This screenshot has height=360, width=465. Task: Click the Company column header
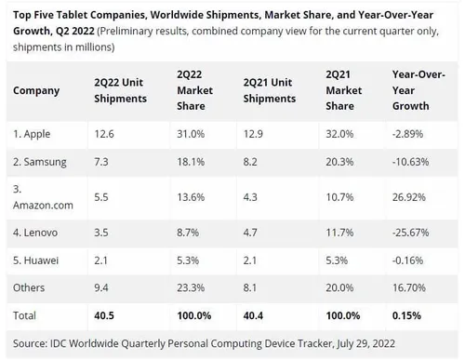[36, 90]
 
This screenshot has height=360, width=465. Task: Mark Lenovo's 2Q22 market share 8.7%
[188, 230]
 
